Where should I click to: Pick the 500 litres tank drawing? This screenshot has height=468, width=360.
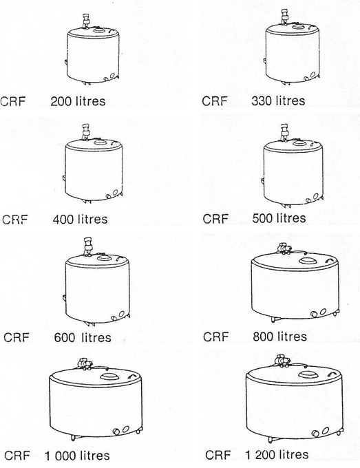coord(292,172)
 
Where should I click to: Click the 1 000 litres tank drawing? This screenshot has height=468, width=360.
coord(96,403)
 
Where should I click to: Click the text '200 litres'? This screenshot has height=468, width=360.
coord(78,102)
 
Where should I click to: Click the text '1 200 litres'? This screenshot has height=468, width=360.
coord(277,455)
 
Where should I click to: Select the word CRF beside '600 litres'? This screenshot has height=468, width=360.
coord(17,338)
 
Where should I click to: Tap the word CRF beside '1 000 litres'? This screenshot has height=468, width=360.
coord(17,456)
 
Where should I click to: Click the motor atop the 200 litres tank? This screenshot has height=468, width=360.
coord(85,21)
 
